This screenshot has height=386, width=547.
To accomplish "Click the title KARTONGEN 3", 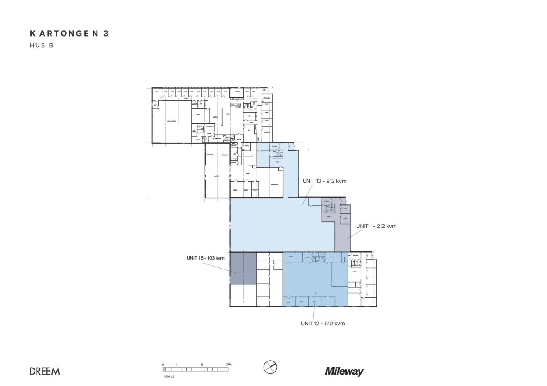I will (69, 34).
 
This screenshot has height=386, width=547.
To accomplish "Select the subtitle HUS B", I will (42, 46).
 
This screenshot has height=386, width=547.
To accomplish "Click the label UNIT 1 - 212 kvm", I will (376, 226).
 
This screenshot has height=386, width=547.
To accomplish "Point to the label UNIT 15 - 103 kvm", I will (205, 258).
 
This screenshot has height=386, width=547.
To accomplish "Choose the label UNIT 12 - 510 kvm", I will (322, 324).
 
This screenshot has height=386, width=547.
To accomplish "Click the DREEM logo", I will (44, 371).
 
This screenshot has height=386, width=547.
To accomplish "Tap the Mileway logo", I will (344, 372).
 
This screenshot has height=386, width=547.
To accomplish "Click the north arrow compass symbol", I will (270, 367).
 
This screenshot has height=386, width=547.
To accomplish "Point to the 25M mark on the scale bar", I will (229, 365).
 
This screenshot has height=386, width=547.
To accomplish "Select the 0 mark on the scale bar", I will (163, 365).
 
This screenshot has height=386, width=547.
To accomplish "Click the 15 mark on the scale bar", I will (202, 365).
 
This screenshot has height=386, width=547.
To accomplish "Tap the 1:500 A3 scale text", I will (169, 376).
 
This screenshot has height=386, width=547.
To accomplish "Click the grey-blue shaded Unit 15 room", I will (243, 269).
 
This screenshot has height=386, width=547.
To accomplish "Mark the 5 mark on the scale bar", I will (176, 365).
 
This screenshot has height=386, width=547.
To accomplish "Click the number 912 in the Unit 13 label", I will (331, 182).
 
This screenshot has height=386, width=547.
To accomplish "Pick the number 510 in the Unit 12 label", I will (330, 324).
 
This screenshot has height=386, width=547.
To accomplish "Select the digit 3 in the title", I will (106, 34).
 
